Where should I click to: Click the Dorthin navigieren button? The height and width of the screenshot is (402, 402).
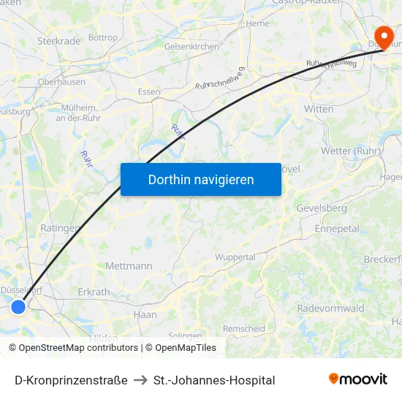tap(201, 179)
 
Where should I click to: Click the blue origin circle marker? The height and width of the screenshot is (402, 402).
tap(18, 307)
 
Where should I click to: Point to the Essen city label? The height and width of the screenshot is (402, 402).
tap(149, 93)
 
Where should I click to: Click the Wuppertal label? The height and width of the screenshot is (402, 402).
tap(235, 257)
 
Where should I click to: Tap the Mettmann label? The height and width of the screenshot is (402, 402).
tap(129, 266)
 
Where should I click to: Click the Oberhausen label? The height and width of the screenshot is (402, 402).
tap(61, 82)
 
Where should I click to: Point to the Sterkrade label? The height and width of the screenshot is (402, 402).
tap(58, 41)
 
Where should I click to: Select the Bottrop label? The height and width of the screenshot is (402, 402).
tap(102, 37)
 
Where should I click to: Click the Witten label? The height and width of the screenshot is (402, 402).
tap(319, 109)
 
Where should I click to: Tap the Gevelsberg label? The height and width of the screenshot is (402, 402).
tap(322, 208)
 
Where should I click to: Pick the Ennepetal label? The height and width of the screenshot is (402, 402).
tap(336, 229)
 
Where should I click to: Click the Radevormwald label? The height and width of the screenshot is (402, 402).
tap(330, 308)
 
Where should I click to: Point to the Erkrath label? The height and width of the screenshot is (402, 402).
tap(94, 292)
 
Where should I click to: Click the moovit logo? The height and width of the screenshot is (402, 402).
tap(358, 379)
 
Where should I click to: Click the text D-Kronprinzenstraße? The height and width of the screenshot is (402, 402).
tap(71, 380)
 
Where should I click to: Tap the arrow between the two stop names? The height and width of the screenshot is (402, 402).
tap(140, 380)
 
